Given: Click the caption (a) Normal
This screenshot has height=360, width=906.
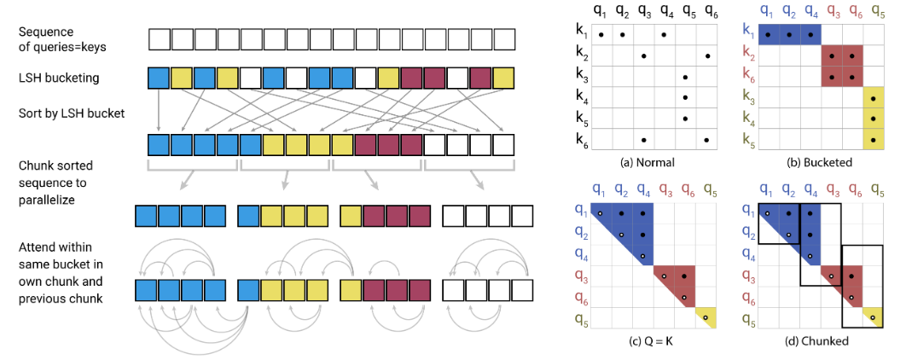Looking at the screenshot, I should (653, 160).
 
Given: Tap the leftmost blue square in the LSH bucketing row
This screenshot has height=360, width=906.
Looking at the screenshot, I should (159, 78).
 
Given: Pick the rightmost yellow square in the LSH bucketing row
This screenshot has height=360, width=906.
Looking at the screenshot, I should (504, 78).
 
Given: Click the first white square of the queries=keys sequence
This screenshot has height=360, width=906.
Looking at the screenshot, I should (159, 39).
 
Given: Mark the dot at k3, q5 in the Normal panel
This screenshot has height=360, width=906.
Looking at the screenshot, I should (687, 77).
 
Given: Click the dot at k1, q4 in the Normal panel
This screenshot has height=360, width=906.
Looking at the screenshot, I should (665, 34).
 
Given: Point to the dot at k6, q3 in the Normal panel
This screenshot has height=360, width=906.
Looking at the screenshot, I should (643, 140).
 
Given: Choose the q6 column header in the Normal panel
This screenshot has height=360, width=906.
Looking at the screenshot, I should (707, 13).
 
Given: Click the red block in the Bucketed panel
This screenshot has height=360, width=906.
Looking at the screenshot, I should (843, 66).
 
